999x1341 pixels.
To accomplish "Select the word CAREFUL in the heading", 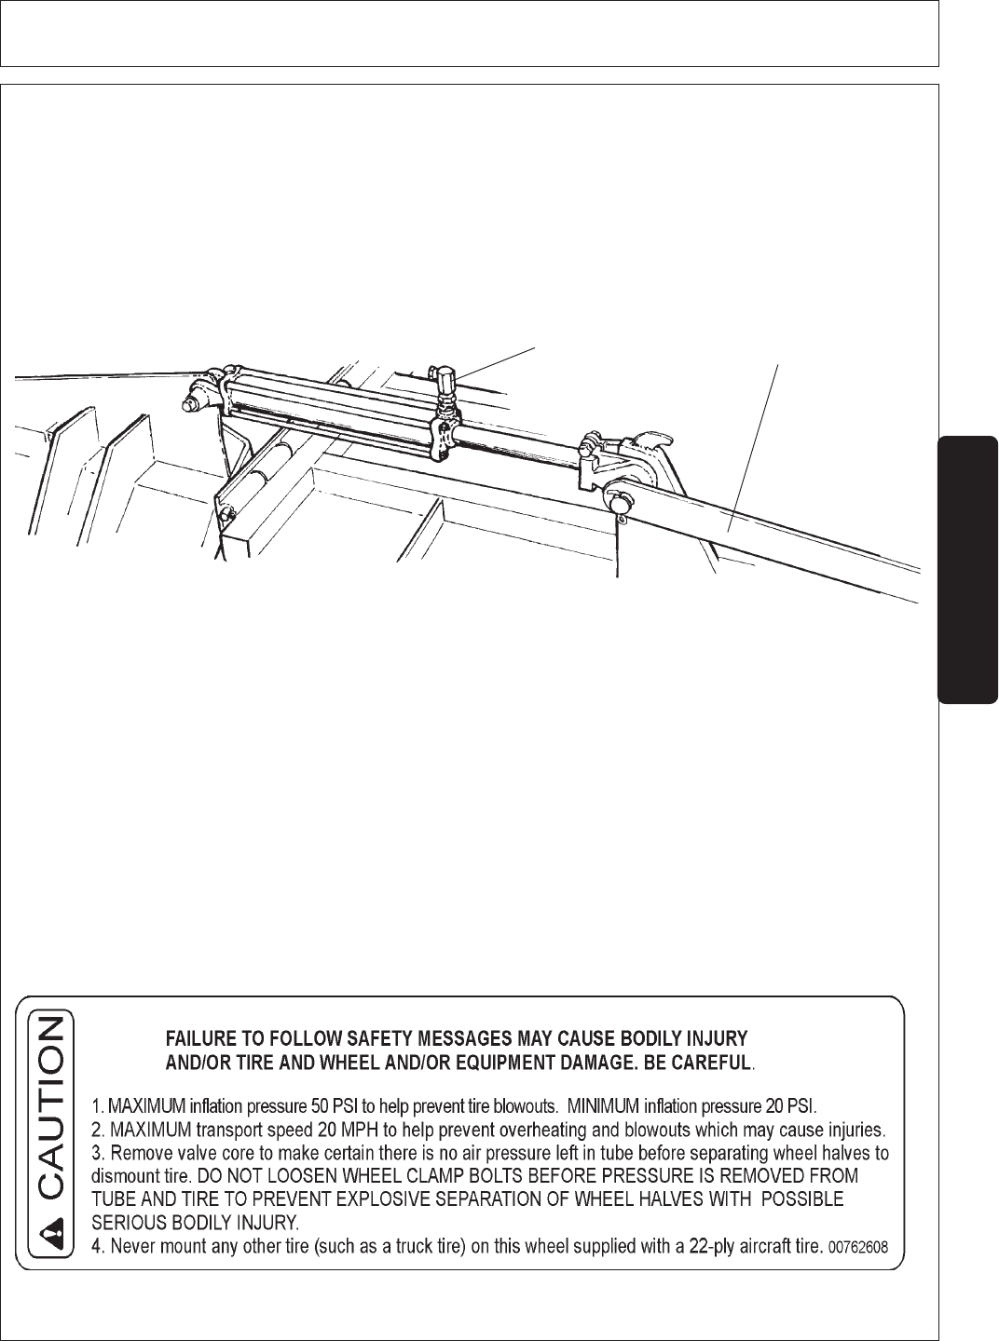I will tap(711, 1063).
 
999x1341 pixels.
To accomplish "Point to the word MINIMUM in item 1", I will tap(609, 1107).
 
